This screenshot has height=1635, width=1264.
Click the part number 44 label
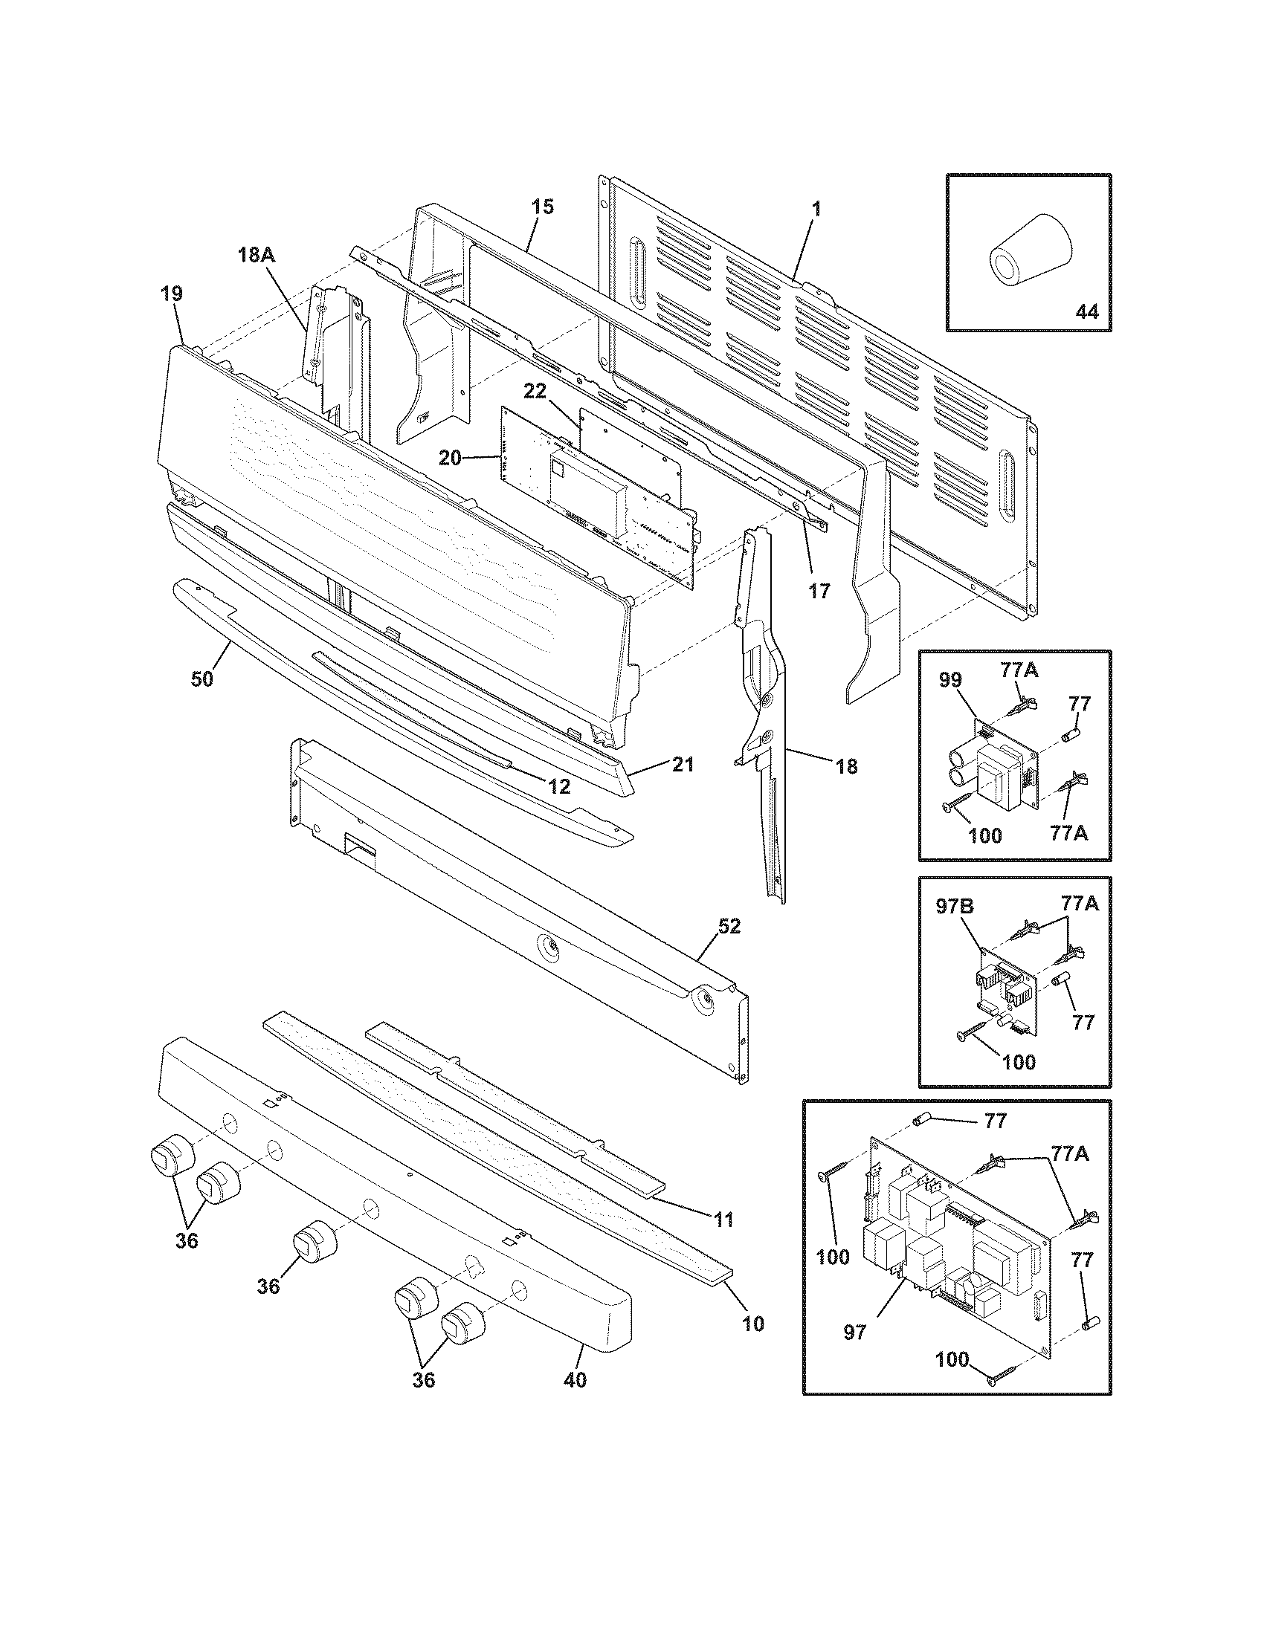[x=1086, y=311]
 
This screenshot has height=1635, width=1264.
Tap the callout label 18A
[x=256, y=255]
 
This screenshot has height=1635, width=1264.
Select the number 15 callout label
[x=543, y=207]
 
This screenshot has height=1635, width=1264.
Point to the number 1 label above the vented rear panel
[x=816, y=209]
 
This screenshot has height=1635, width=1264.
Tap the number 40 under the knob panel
[x=574, y=1380]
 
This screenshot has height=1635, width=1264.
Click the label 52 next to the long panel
[x=729, y=926]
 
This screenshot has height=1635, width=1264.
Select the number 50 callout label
[x=201, y=679]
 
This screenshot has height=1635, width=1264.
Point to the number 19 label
[x=172, y=294]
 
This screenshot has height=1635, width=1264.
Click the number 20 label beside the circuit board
[x=450, y=458]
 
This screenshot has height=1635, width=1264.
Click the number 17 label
[x=819, y=591]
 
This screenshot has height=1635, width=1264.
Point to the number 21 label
[x=682, y=764]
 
